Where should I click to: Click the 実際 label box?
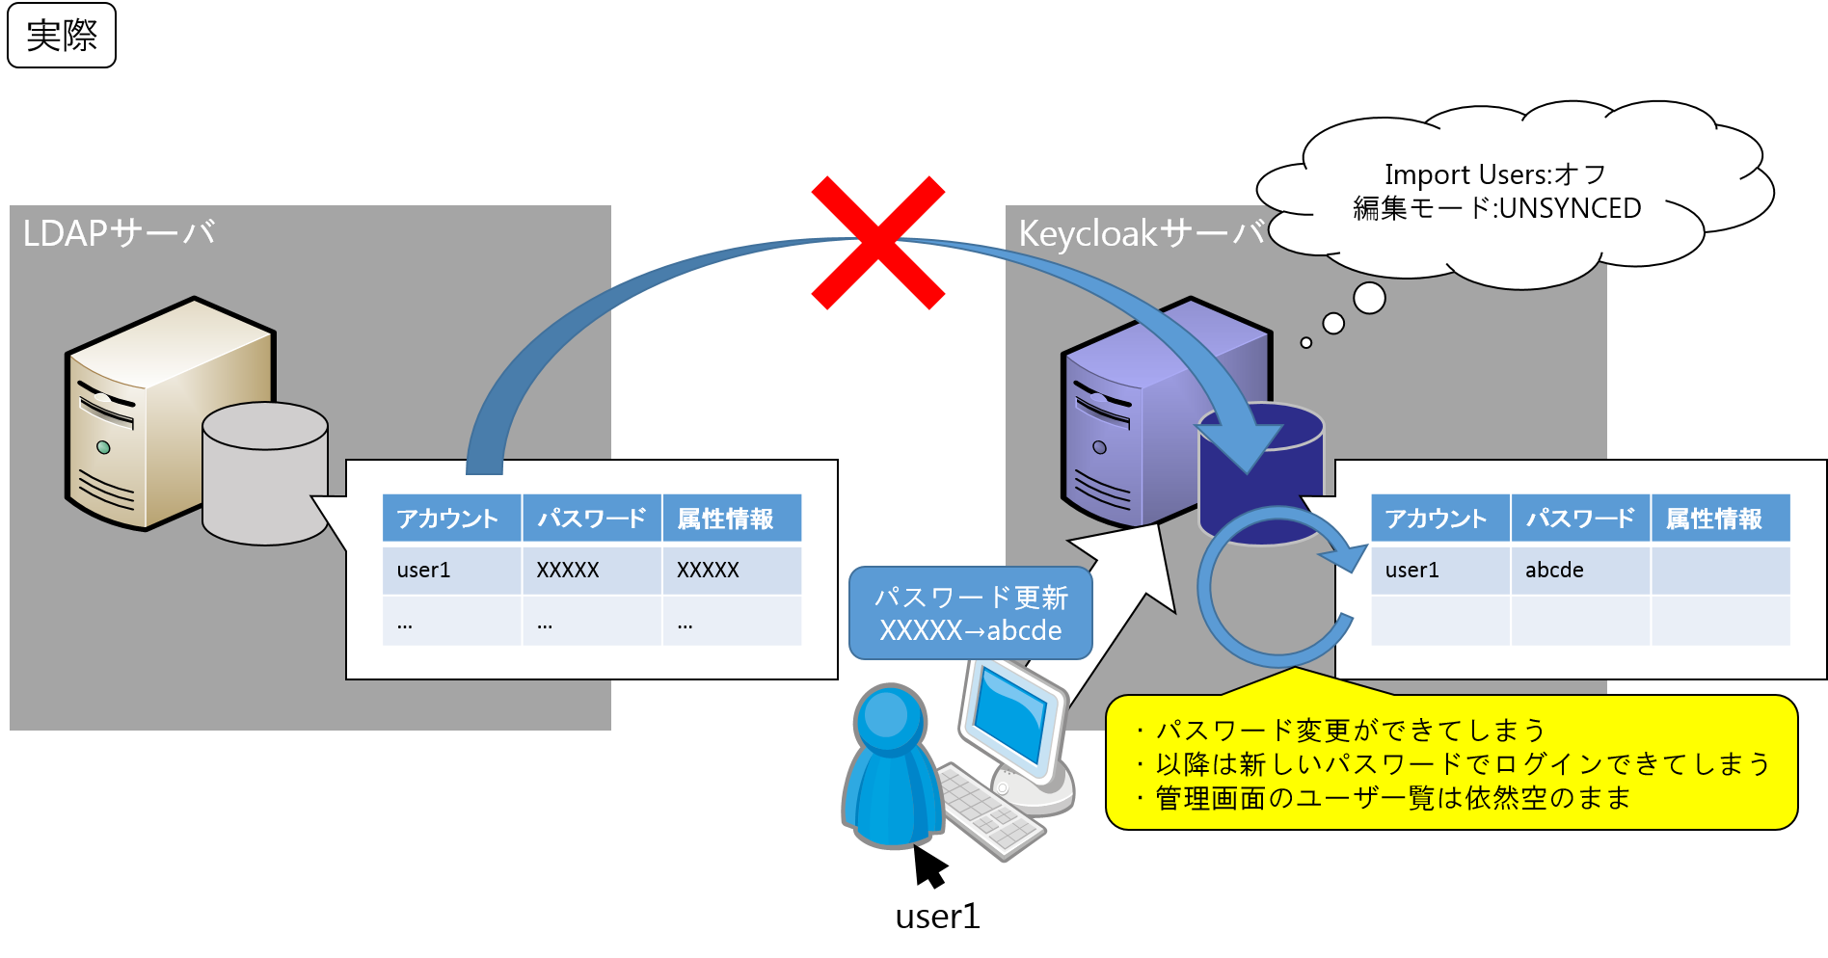pos(62,36)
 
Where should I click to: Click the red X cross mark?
pos(877,243)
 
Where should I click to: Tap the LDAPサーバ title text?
pos(119,233)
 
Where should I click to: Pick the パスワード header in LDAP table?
pos(591,519)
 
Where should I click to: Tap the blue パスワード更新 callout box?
pos(970,614)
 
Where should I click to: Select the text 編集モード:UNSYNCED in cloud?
pos(1496,208)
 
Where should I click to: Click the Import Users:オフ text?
pos(1494,174)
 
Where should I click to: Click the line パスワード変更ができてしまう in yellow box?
pos(1350,731)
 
